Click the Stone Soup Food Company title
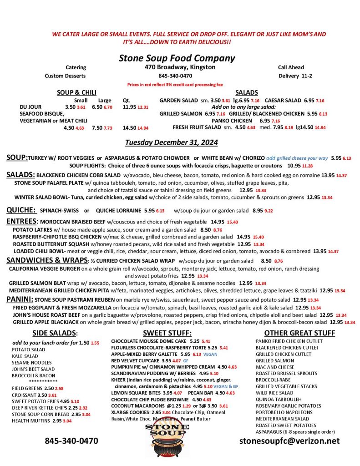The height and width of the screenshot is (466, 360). coord(177,58)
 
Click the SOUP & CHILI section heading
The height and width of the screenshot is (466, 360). coord(76,92)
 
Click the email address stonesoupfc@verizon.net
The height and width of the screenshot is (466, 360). coord(289,441)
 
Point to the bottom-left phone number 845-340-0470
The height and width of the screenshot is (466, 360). coord(71,441)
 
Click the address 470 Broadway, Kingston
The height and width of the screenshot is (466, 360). coord(177,67)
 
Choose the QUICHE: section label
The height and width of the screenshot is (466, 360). coord(21,210)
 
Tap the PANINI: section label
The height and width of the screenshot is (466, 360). coord(20,299)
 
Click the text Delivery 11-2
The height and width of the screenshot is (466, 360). coord(295,76)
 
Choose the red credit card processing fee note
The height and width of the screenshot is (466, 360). coord(175,85)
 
